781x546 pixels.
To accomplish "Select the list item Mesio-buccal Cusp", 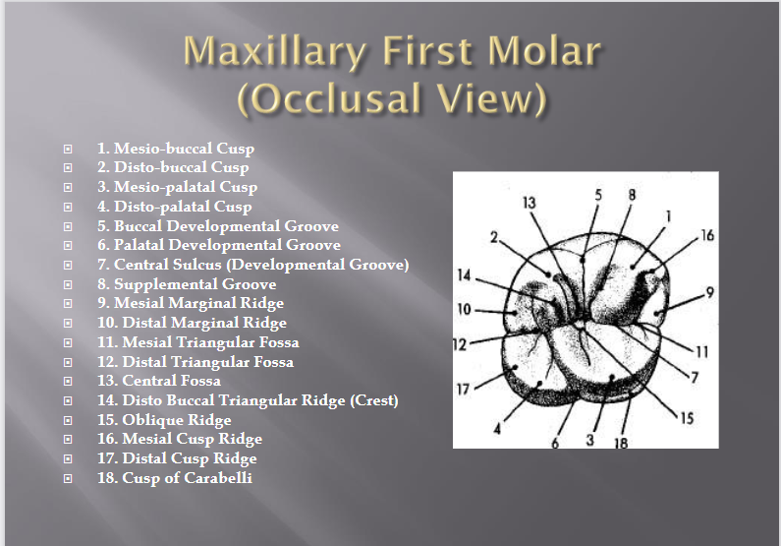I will [x=176, y=149].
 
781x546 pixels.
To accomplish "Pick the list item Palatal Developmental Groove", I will [x=219, y=245].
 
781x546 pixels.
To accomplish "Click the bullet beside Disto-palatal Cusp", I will [x=68, y=208].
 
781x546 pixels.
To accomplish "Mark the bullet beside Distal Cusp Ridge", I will [x=68, y=459].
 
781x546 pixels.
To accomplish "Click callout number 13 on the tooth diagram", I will [x=530, y=203].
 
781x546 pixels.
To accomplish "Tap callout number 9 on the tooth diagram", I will [x=708, y=291].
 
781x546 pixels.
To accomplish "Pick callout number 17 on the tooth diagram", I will [x=466, y=390].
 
